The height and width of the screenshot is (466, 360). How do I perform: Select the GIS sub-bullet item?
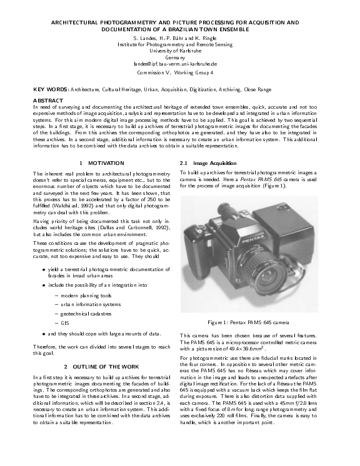[65, 322]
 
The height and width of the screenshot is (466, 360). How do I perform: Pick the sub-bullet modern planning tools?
[86, 295]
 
